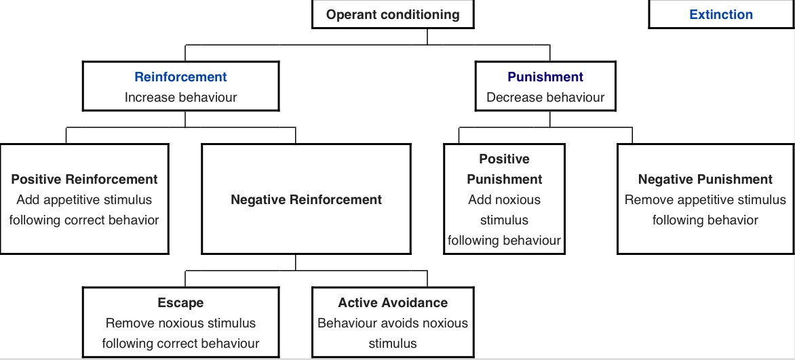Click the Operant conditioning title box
tap(393, 14)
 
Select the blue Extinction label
tap(720, 14)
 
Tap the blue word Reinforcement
tap(180, 77)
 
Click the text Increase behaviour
tap(180, 97)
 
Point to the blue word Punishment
tap(545, 77)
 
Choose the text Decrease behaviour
tap(545, 97)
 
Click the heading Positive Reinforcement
tap(84, 179)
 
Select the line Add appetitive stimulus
tap(84, 199)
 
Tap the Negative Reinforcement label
tap(306, 199)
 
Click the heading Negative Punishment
tap(705, 179)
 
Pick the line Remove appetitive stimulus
tap(705, 199)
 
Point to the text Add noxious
tap(504, 199)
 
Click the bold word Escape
tap(180, 302)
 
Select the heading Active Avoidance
tap(393, 302)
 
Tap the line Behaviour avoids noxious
tap(393, 323)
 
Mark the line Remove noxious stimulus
tap(180, 323)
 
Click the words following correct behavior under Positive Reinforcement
tap(84, 220)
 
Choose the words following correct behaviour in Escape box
tap(180, 344)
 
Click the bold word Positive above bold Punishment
tap(504, 159)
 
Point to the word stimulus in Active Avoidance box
tap(393, 344)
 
